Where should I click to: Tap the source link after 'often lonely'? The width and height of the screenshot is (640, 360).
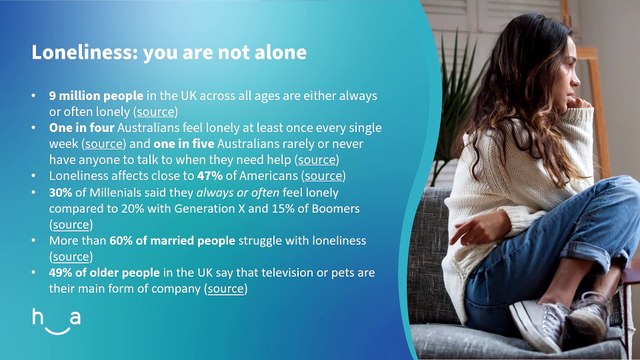(156, 111)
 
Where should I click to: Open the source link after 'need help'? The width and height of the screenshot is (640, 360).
(317, 160)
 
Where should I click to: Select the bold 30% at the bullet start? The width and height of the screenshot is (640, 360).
(60, 192)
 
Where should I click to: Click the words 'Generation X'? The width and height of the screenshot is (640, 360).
(222, 208)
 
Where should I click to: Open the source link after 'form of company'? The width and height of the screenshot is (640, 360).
(226, 289)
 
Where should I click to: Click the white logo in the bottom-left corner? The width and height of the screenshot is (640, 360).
(56, 323)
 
